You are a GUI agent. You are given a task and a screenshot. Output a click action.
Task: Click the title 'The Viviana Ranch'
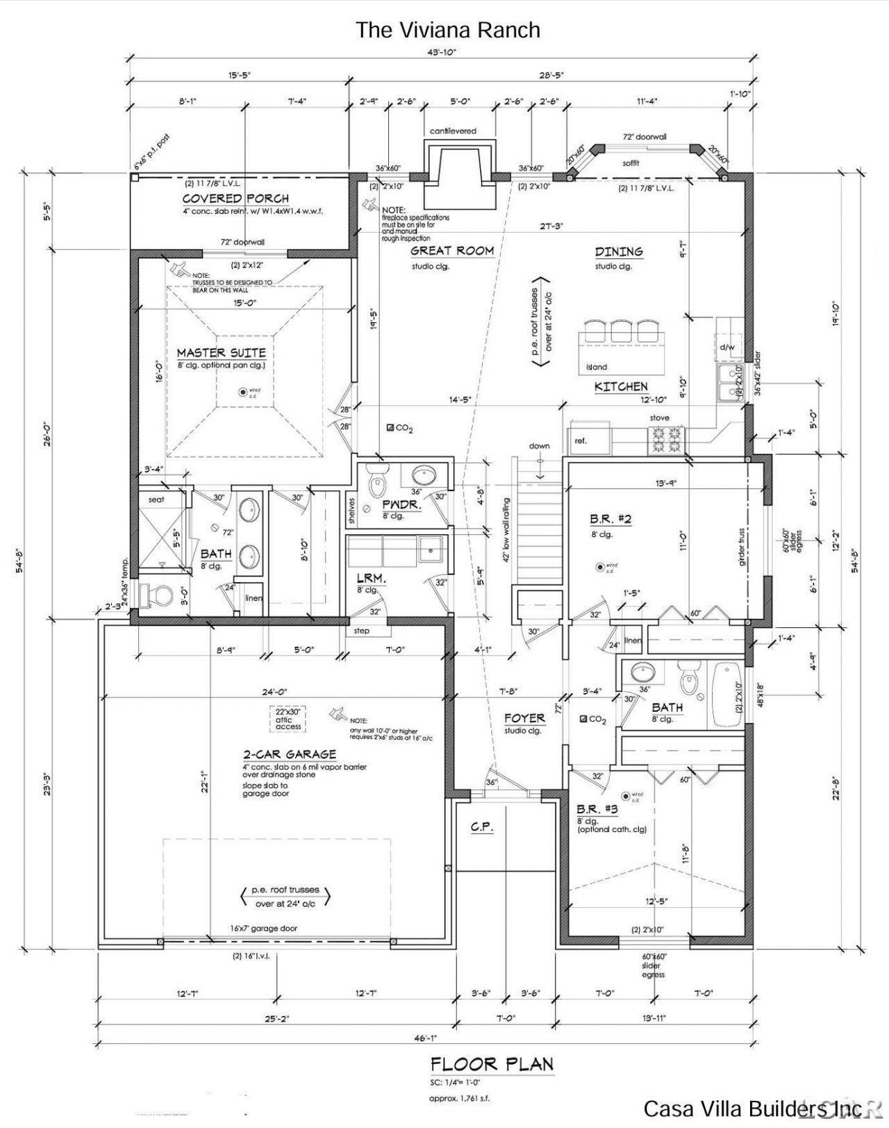click(447, 30)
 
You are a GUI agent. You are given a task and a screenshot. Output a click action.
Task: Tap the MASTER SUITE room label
click(221, 353)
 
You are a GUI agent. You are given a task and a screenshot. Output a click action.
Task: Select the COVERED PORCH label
click(235, 199)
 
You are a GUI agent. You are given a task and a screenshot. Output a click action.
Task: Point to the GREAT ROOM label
click(451, 251)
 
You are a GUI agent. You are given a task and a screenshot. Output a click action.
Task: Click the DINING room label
click(618, 251)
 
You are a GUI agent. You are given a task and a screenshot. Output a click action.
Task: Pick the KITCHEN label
click(621, 387)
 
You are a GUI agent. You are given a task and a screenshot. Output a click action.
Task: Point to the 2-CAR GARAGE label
click(289, 754)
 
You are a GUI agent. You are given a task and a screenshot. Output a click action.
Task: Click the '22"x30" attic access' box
click(288, 719)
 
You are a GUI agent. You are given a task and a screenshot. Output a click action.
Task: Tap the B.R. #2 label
click(610, 519)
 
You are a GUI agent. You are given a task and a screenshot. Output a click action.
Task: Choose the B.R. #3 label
click(597, 810)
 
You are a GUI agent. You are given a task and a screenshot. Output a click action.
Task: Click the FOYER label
click(524, 718)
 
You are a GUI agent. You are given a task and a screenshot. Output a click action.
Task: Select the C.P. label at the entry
click(481, 827)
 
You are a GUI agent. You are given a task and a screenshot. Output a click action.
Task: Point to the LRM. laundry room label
click(371, 578)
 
